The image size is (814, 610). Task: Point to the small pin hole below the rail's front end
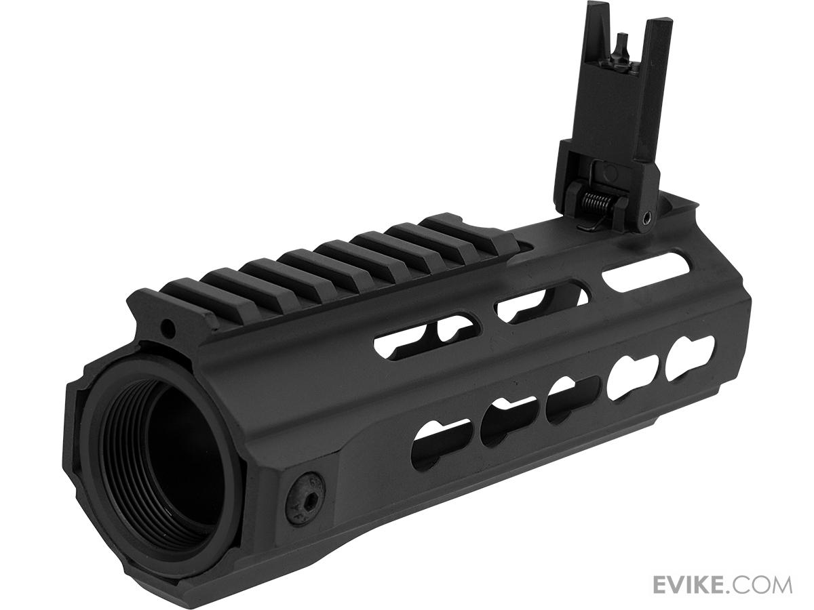(x=170, y=327)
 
